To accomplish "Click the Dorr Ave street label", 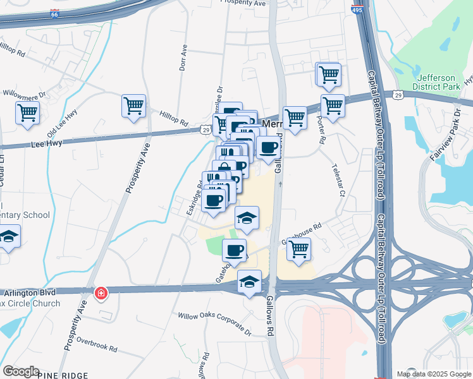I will pyautogui.click(x=184, y=56).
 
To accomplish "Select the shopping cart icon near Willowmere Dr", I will pyautogui.click(x=28, y=112).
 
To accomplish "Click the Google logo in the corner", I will pyautogui.click(x=21, y=371).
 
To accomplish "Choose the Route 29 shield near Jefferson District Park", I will pyautogui.click(x=397, y=95).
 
